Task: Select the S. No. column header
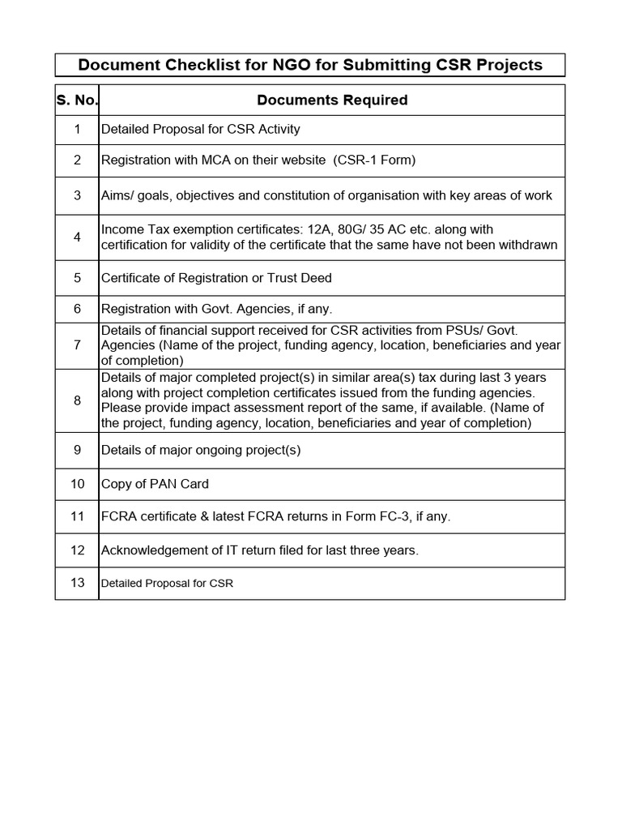tap(77, 101)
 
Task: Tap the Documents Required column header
tap(332, 101)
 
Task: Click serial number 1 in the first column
tap(77, 129)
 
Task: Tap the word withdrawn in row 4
tap(527, 245)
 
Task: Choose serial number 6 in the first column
tap(77, 309)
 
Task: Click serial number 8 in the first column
tap(77, 400)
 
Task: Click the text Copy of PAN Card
tap(155, 484)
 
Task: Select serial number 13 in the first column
tap(77, 583)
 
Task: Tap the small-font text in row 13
tap(167, 584)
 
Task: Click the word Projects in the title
tap(509, 65)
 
